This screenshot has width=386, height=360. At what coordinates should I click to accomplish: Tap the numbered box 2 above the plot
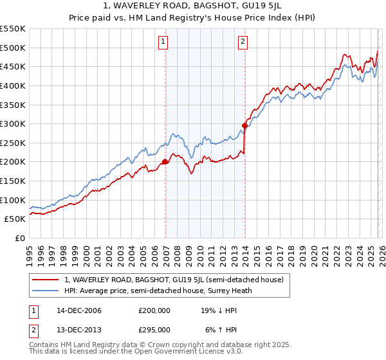coord(243,42)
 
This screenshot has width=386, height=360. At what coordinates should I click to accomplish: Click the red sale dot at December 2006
coord(165,162)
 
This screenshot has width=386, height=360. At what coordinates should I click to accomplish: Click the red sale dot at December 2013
coord(245,126)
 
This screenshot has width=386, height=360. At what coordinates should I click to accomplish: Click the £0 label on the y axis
coord(19,238)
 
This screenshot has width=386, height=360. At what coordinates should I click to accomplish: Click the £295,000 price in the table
coord(154,329)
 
